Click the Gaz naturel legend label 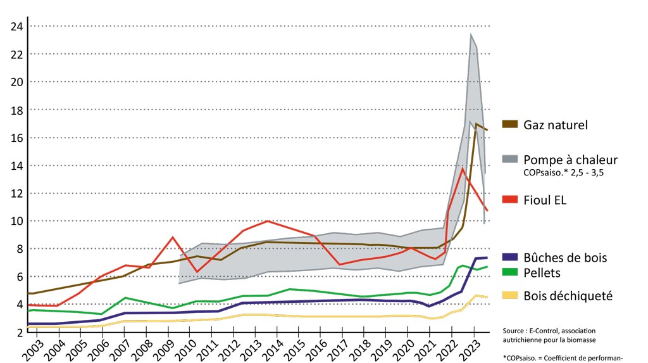coord(556,125)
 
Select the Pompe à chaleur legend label coord(570,160)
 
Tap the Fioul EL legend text coord(545,200)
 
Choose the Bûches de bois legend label coord(565,258)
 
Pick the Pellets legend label coord(542,274)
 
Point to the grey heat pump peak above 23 coord(471,35)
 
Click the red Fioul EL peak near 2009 coord(173,238)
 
